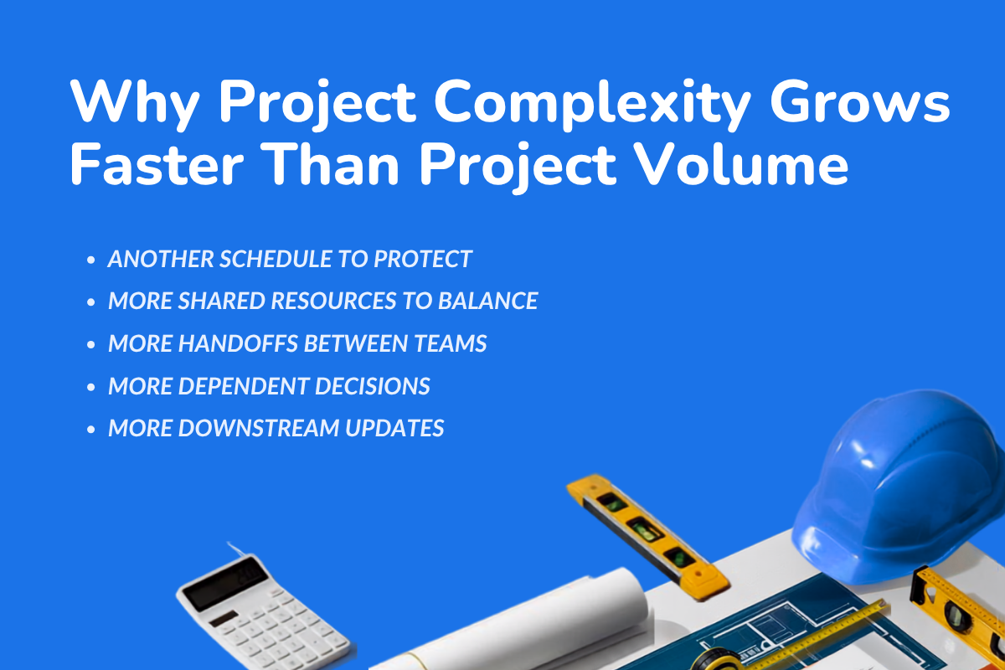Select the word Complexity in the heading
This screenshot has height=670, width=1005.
pos(592,105)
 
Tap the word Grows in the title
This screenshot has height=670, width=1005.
pos(859,100)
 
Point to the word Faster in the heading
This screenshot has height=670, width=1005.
pos(157,164)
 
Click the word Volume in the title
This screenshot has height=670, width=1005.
pos(743,164)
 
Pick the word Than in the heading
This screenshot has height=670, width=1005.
pos(331,164)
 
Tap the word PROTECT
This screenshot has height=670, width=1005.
pos(423,259)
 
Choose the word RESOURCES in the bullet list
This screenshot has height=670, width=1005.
pos(334,301)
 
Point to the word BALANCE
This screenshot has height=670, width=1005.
pos(488,301)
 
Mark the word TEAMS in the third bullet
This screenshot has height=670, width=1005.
pos(450,343)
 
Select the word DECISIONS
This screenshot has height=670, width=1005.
pos(372,386)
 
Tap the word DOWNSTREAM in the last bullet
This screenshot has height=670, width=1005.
pos(259,428)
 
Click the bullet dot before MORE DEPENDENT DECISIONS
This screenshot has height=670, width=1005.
pos(91,387)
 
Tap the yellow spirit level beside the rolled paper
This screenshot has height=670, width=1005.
pos(648,536)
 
